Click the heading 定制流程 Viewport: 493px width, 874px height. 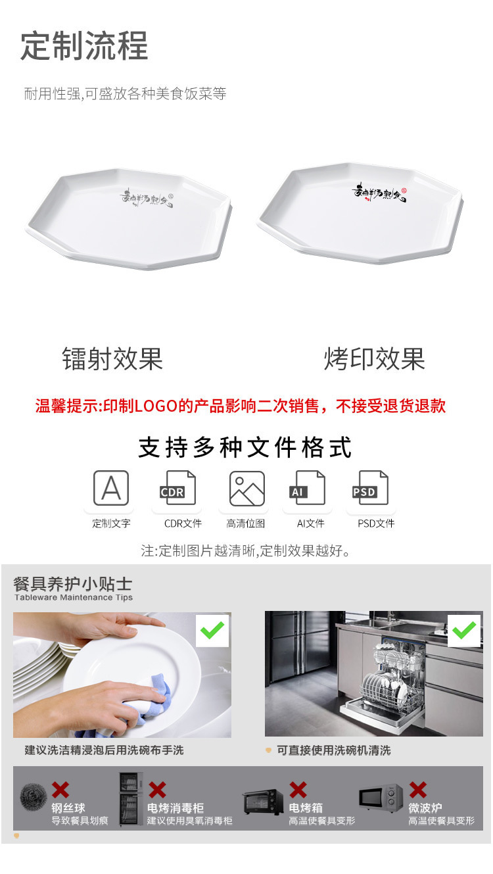84,46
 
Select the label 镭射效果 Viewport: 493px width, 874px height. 112,359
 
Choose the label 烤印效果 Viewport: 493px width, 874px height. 375,359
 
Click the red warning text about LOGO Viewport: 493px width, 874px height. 241,406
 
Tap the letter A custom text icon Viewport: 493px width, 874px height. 111,488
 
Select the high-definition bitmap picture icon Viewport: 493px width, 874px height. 246,488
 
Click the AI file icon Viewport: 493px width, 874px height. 307,488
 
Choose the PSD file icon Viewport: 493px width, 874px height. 370,488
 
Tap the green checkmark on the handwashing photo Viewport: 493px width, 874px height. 212,631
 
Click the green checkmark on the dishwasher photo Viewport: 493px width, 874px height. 464,631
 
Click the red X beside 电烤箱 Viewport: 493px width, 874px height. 298,790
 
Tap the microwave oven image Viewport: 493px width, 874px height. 381,798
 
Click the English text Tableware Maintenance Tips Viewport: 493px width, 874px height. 74,598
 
